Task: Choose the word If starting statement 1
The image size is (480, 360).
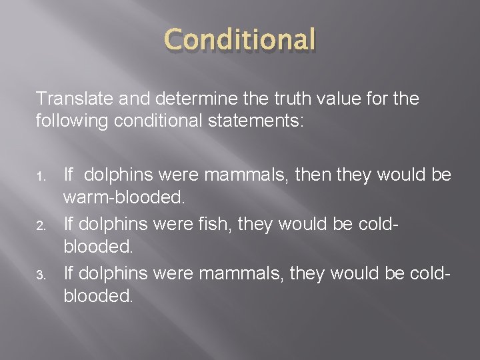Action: [69, 176]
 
